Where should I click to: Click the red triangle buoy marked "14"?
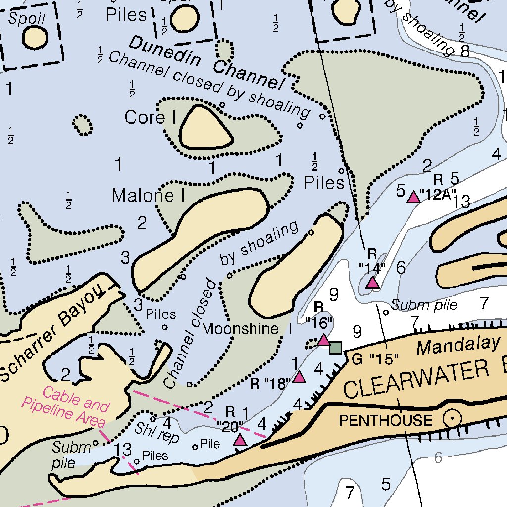pos(372,283)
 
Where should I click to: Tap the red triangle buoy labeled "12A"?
pos(413,198)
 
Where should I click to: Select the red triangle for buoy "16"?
pos(323,340)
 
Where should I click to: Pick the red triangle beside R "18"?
pos(299,377)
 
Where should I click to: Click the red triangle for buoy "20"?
pos(240,440)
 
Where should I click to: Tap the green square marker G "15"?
pos(336,348)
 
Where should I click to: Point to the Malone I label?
pos(148,196)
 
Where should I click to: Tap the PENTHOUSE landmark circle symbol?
pos(452,419)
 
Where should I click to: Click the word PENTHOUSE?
pos(385,421)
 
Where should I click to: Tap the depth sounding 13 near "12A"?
pos(460,202)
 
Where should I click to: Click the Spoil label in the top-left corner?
pos(27,18)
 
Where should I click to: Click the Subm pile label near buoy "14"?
pos(424,305)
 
